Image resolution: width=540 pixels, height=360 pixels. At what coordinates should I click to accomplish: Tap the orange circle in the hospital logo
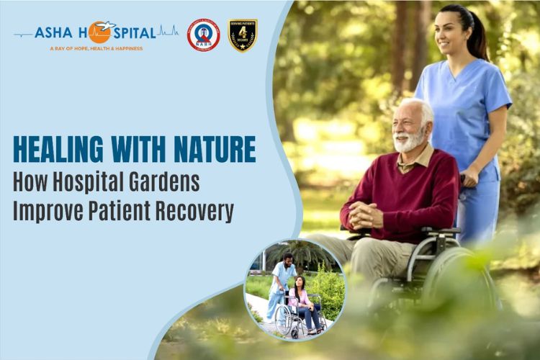pyautogui.click(x=100, y=32)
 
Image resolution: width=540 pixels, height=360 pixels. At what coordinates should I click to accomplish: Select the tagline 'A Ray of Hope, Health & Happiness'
pyautogui.click(x=96, y=48)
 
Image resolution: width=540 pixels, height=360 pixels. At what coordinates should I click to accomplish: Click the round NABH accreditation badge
pyautogui.click(x=203, y=34)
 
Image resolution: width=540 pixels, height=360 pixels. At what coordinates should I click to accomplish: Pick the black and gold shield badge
pyautogui.click(x=243, y=34)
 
